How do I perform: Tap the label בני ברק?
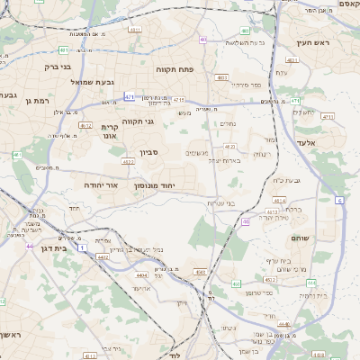pos(60,66)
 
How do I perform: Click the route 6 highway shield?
pos(340,200)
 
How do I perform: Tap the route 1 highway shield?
pos(81,246)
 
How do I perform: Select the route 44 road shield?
pos(30,246)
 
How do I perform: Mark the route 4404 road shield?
pos(140,274)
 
